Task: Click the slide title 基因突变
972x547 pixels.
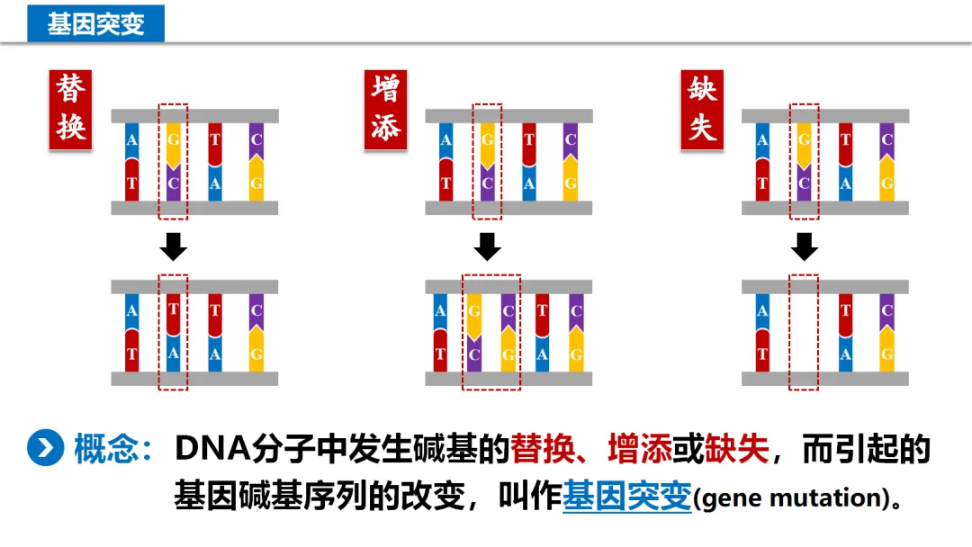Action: (x=95, y=22)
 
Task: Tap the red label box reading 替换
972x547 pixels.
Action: (x=71, y=109)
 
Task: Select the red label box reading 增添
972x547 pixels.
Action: (x=385, y=109)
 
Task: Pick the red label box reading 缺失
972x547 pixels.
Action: (x=702, y=109)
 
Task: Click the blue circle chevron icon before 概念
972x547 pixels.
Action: (x=45, y=448)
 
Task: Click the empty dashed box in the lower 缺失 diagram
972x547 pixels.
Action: (x=804, y=332)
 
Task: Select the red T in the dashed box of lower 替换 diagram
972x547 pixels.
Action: (x=174, y=311)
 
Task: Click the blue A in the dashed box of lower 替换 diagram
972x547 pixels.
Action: (x=174, y=354)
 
